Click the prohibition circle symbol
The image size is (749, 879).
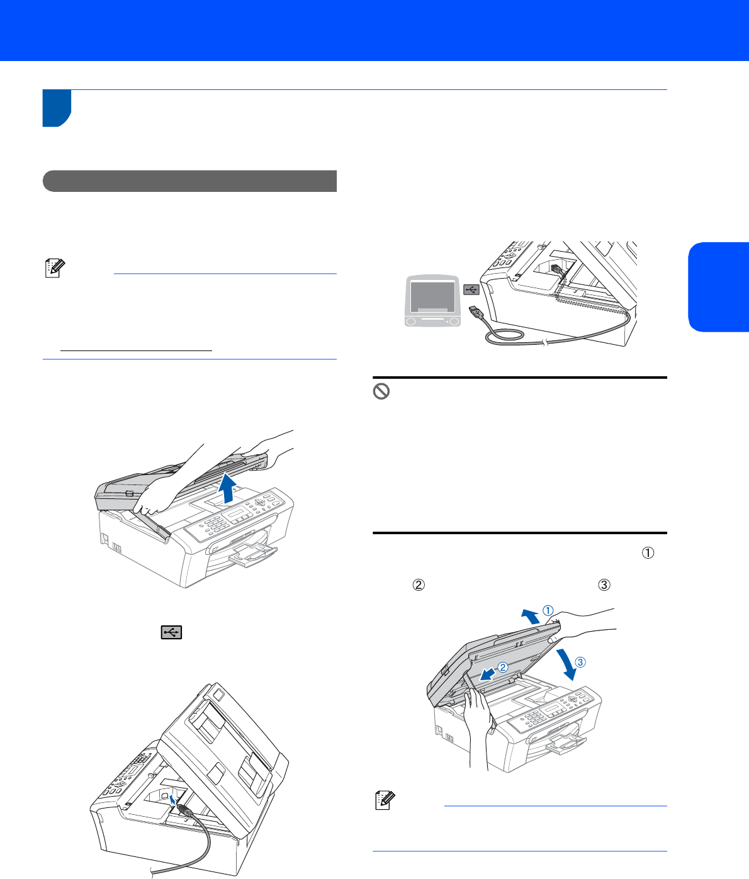click(x=381, y=391)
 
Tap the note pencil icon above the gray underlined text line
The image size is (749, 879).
click(x=55, y=268)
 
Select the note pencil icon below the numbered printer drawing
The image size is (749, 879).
click(x=385, y=800)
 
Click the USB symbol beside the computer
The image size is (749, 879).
click(x=471, y=289)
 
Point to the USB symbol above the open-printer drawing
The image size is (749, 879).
click(x=171, y=632)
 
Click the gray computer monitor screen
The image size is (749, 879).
click(x=432, y=297)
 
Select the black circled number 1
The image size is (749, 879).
click(x=648, y=553)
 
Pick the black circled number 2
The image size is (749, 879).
click(x=419, y=585)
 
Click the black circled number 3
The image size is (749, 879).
click(x=604, y=585)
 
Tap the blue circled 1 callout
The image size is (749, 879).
click(x=548, y=611)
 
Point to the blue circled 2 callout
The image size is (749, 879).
click(x=503, y=667)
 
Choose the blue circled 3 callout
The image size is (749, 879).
click(x=580, y=662)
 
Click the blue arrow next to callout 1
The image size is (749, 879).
click(x=531, y=616)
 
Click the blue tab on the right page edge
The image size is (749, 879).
click(x=718, y=287)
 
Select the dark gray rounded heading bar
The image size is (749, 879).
click(x=189, y=181)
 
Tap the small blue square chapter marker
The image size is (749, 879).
click(x=57, y=108)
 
